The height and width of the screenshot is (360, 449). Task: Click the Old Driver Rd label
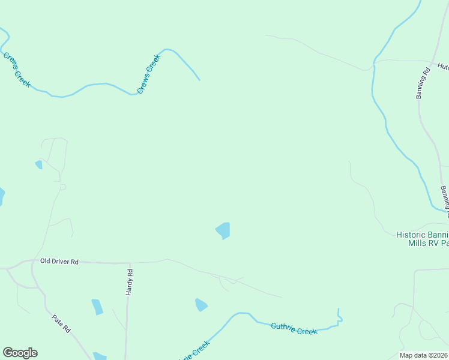pyautogui.click(x=59, y=262)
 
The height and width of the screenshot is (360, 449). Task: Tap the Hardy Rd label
pyautogui.click(x=129, y=281)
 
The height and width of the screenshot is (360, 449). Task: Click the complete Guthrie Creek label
pyautogui.click(x=294, y=329)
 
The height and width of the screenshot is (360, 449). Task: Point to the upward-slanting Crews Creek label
pyautogui.click(x=149, y=73)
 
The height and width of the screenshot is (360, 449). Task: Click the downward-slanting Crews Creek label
pyautogui.click(x=17, y=70)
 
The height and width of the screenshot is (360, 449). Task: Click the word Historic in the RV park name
pyautogui.click(x=411, y=235)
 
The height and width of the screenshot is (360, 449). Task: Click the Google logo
pyautogui.click(x=20, y=353)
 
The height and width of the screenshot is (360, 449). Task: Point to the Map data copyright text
pyautogui.click(x=424, y=355)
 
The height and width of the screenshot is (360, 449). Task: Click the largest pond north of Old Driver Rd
pyautogui.click(x=223, y=230)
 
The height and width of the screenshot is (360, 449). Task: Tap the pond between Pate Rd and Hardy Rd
pyautogui.click(x=97, y=307)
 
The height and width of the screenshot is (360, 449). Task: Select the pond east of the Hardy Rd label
pyautogui.click(x=200, y=305)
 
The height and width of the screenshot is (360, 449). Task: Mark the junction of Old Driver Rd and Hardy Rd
pyautogui.click(x=128, y=263)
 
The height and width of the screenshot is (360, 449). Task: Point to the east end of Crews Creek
pyautogui.click(x=199, y=79)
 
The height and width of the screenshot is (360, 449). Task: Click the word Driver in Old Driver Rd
pyautogui.click(x=59, y=262)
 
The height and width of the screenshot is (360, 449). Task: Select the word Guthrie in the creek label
pyautogui.click(x=283, y=327)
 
